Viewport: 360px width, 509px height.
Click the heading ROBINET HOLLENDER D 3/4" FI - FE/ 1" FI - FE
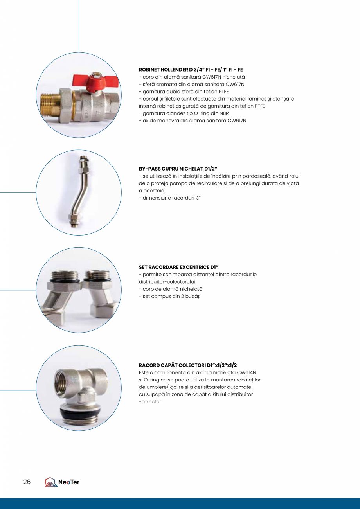191,70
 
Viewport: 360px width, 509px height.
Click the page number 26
27,482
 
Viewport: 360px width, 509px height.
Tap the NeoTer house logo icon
51,482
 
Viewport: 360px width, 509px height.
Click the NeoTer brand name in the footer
69,482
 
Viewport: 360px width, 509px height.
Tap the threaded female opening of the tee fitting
68,380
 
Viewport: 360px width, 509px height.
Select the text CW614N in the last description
248,372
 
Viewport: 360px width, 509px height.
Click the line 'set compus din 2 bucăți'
169,296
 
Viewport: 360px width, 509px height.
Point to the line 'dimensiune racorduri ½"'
169,198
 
